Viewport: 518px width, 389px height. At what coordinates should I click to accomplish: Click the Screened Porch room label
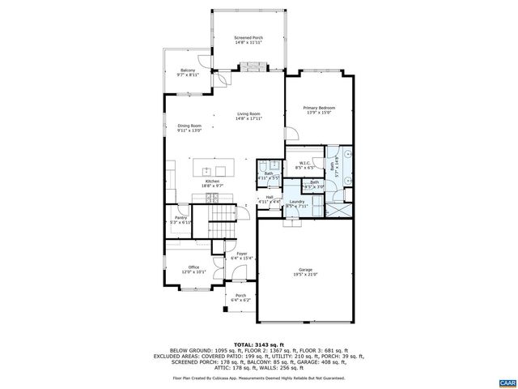coord(248,40)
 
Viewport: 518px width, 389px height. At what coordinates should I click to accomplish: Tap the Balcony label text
coord(187,72)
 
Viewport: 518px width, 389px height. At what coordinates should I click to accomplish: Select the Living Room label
coord(248,116)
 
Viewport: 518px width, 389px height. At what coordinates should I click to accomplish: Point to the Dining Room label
coord(191,127)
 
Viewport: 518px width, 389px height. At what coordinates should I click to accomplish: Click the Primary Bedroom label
coord(319,110)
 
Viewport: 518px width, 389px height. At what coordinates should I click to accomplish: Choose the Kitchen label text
coord(212,184)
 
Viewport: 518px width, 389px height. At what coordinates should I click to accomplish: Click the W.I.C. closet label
coord(305,165)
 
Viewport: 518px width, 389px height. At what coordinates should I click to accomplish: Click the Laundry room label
coord(296,203)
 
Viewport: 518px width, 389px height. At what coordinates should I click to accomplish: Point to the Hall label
coord(269,199)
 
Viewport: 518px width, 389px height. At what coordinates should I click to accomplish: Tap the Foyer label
coord(241,256)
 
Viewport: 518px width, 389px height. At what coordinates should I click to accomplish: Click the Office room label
coord(193,269)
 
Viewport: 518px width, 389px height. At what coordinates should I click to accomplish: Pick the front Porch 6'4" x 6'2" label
coord(240,297)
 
